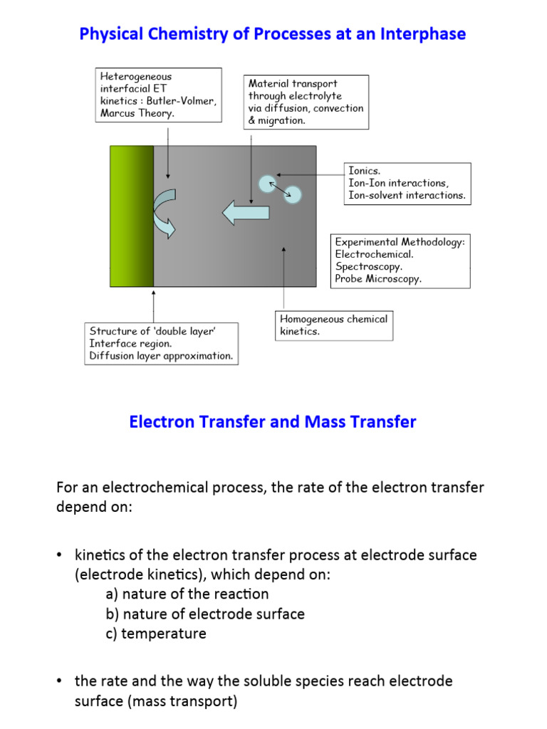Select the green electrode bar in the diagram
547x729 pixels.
point(132,216)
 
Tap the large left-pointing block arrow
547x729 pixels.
point(245,212)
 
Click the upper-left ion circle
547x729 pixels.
point(266,184)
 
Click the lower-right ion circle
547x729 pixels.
point(293,194)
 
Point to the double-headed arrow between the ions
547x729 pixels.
point(279,189)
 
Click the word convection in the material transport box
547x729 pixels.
point(338,108)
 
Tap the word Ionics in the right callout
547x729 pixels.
point(364,172)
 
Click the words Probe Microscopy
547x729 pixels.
point(377,278)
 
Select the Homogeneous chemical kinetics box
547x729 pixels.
point(333,325)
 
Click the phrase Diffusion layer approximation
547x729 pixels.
point(161,355)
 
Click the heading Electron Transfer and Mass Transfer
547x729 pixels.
point(273,422)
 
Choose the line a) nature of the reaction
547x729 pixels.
point(187,594)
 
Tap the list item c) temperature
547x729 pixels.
point(155,634)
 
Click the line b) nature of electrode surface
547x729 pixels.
point(204,614)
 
